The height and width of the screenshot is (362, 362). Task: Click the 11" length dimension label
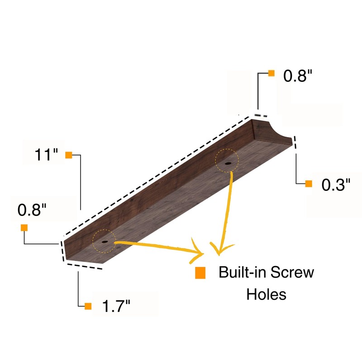click(x=46, y=154)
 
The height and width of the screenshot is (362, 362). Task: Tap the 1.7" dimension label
click(x=116, y=306)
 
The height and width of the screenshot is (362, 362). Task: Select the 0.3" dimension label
click(x=336, y=185)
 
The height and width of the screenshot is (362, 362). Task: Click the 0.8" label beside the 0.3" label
click(x=298, y=76)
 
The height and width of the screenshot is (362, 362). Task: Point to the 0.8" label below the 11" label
click(x=32, y=210)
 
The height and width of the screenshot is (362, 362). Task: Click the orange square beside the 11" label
click(x=69, y=155)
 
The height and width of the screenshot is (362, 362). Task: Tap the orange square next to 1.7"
click(x=88, y=306)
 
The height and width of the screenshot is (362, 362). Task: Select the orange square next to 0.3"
click(x=309, y=184)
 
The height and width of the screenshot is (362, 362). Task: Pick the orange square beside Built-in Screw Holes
click(x=200, y=273)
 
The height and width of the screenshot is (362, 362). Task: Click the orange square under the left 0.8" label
click(x=24, y=228)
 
